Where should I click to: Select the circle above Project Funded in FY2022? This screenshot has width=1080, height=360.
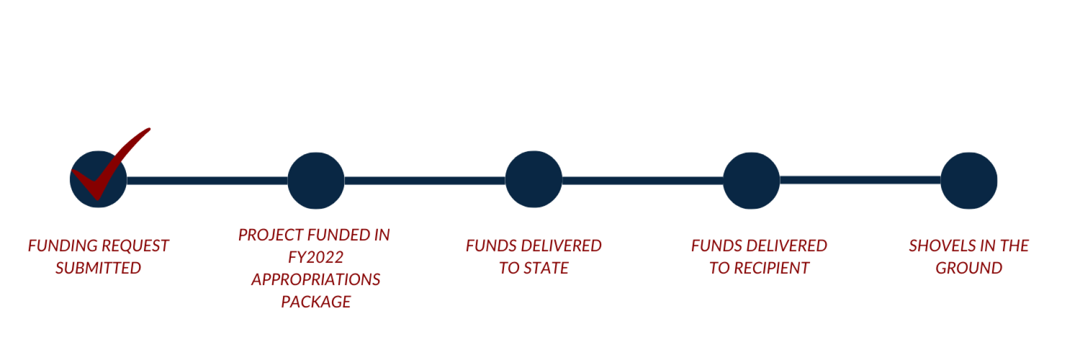tap(316, 181)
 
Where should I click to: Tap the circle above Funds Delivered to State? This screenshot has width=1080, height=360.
tap(533, 179)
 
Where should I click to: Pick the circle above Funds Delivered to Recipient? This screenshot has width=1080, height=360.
tap(751, 181)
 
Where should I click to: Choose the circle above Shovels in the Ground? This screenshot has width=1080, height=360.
tap(969, 181)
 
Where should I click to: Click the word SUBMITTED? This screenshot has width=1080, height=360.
tap(98, 268)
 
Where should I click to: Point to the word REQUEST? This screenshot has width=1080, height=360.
tap(135, 246)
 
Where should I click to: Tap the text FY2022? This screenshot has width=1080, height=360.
tap(316, 257)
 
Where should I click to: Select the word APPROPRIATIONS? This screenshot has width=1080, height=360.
tap(316, 280)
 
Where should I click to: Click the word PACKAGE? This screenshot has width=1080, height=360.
tap(316, 302)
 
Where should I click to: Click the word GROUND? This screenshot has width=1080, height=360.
tap(969, 268)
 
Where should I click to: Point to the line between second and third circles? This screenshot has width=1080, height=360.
tap(425, 181)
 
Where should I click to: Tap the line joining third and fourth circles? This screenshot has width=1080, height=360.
tap(642, 181)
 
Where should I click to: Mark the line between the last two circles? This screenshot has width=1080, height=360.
tap(860, 180)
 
